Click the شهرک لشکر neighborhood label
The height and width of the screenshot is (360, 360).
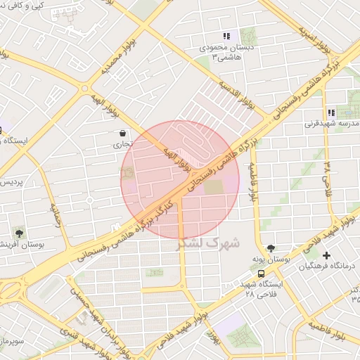click(210, 243)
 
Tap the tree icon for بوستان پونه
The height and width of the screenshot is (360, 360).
click(271, 247)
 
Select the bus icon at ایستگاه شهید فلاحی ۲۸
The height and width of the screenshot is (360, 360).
click(262, 273)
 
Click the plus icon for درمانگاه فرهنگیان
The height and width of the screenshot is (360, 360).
click(326, 255)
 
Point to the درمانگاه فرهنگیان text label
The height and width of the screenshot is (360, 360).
click(328, 267)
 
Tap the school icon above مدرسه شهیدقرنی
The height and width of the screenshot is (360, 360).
click(330, 112)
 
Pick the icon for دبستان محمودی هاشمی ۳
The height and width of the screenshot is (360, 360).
click(226, 36)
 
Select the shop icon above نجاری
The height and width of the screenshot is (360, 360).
click(123, 133)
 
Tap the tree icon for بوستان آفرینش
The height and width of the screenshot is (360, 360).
click(19, 233)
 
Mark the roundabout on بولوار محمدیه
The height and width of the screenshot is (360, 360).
click(84, 89)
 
